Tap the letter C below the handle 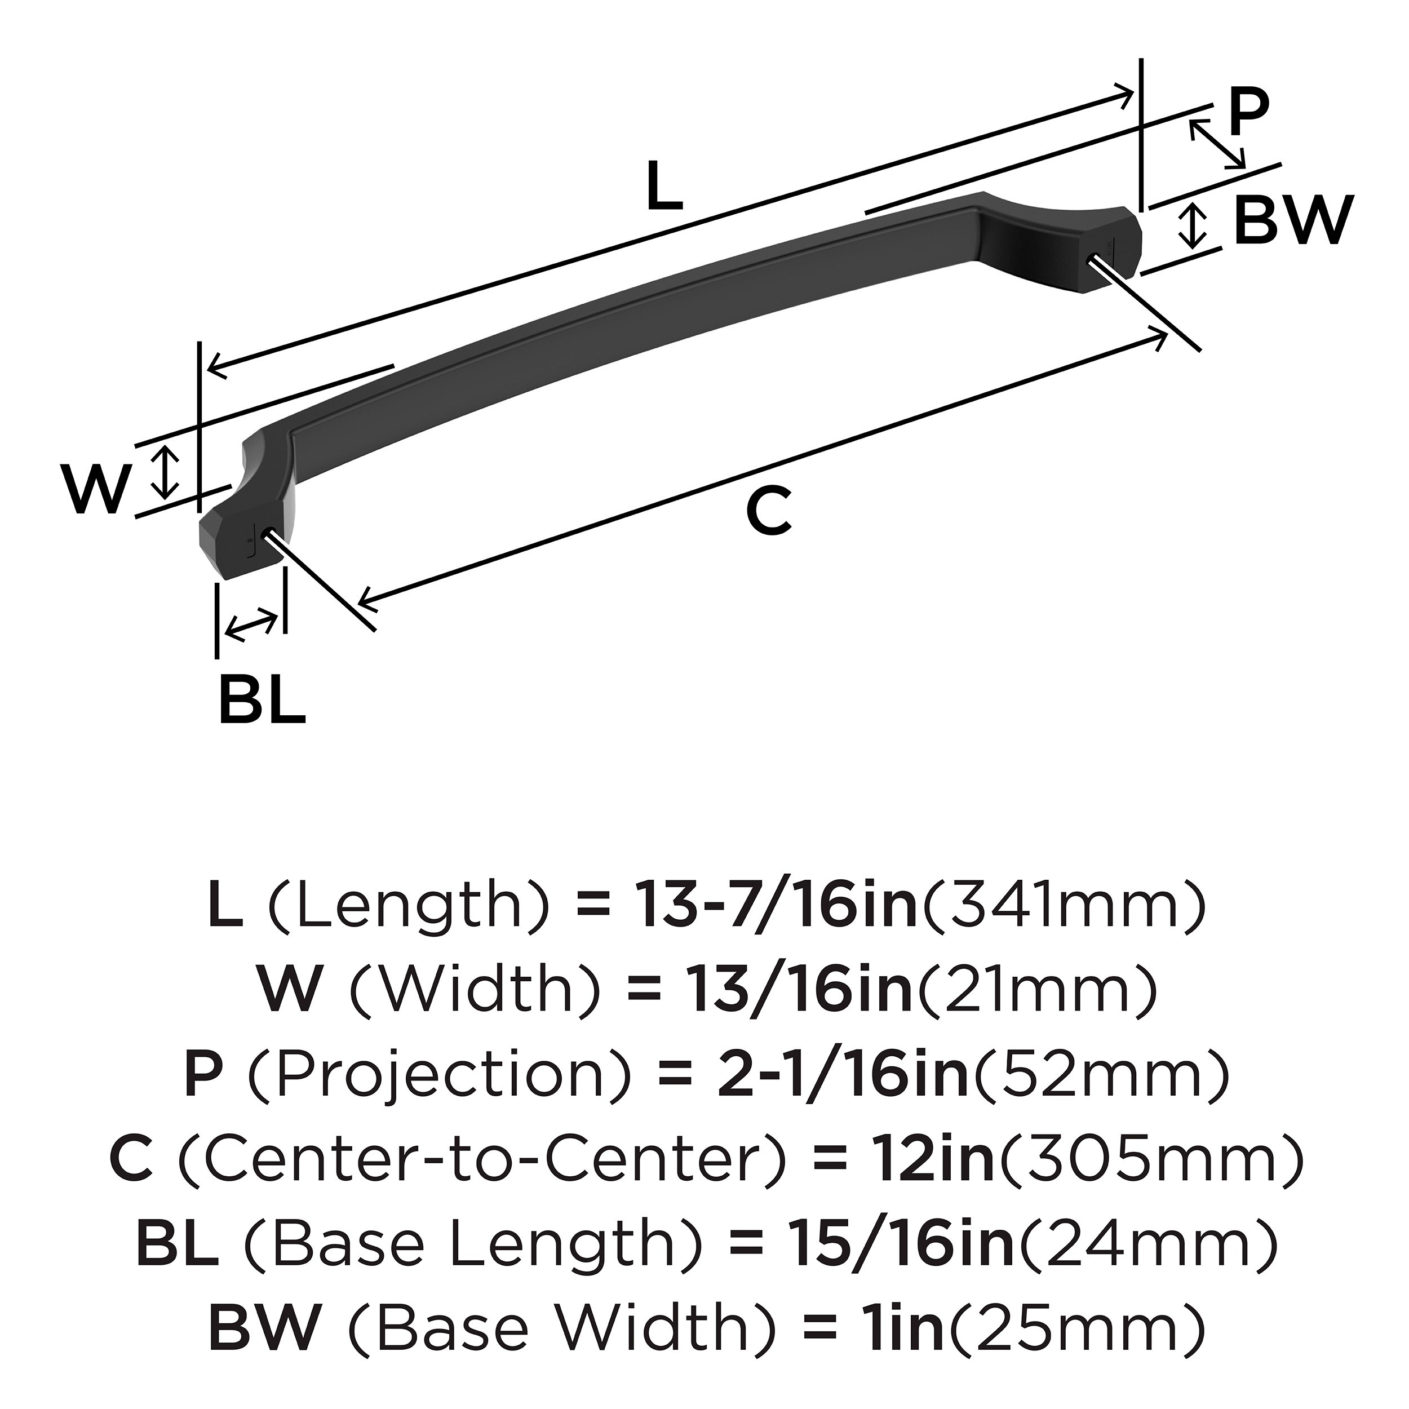coord(769,511)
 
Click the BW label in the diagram coord(1293,221)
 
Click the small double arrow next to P coord(1216,144)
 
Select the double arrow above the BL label coord(251,626)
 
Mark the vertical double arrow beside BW coord(1193,225)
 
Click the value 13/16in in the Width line coord(799,990)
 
